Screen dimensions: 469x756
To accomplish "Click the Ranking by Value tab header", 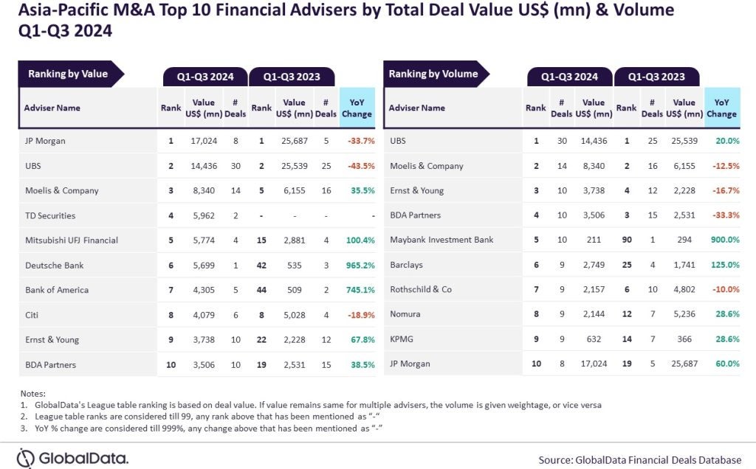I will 68,74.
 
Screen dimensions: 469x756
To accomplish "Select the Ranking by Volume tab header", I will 433,74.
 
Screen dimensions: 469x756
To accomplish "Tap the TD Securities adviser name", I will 50,215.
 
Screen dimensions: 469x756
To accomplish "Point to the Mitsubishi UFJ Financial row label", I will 71,240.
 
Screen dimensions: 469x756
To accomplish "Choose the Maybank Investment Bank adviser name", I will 441,240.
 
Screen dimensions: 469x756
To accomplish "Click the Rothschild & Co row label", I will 420,289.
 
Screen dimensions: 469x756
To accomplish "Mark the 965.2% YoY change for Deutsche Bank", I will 357,265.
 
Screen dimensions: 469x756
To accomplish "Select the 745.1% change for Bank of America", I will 357,290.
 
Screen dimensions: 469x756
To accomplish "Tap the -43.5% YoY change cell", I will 357,166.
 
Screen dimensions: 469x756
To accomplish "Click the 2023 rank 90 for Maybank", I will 626,240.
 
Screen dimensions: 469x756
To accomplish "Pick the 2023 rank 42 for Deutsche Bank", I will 261,265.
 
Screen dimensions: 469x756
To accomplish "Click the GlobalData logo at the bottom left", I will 72,456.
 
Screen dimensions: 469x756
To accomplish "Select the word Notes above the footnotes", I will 33,394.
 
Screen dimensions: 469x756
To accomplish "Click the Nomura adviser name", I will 405,314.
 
